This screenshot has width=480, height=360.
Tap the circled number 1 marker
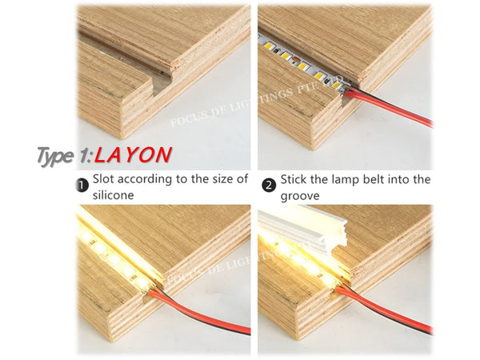[x=81, y=186]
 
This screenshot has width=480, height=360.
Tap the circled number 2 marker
[x=270, y=184]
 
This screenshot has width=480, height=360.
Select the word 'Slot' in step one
[x=106, y=178]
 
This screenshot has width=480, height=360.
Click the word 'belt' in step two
[x=386, y=178]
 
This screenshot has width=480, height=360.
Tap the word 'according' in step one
[x=155, y=178]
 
